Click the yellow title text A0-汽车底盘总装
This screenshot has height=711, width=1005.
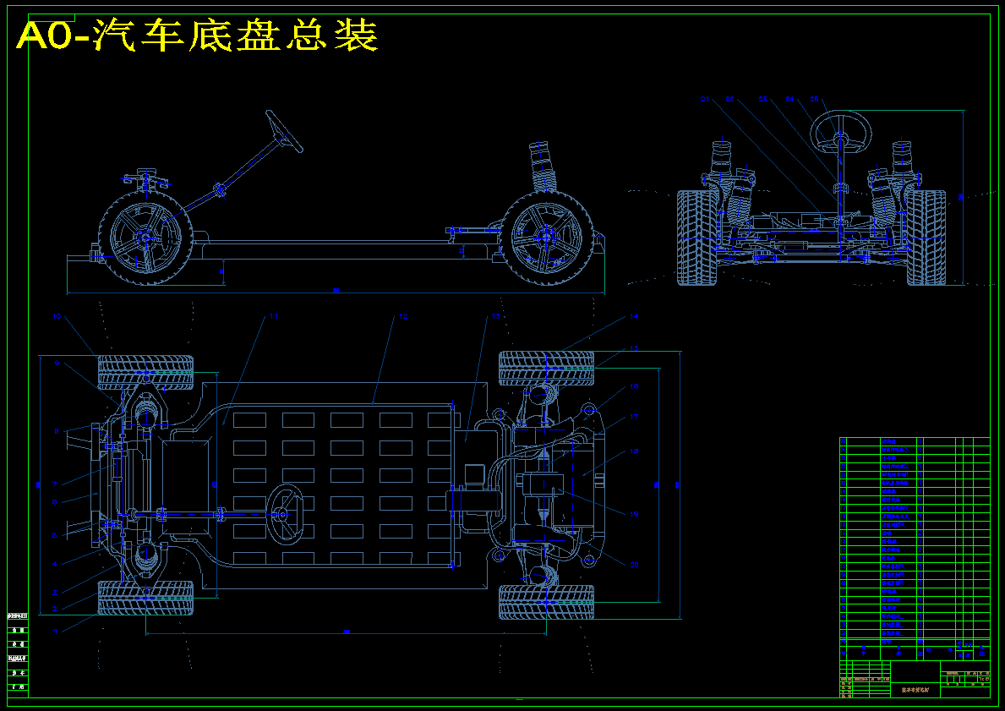click(x=196, y=36)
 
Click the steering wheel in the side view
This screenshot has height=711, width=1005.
click(x=284, y=131)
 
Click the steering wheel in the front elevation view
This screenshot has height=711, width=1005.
click(x=841, y=132)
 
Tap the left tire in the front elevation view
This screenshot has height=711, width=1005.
click(x=696, y=238)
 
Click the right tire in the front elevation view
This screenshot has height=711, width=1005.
click(x=926, y=238)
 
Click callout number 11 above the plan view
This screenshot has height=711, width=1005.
click(x=273, y=317)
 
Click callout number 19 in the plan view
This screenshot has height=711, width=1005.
click(x=634, y=513)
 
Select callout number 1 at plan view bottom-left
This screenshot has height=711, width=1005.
click(x=56, y=631)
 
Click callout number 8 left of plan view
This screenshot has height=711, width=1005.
click(x=57, y=432)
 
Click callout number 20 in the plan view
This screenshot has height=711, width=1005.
click(x=634, y=564)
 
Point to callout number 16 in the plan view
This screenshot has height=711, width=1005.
click(x=634, y=386)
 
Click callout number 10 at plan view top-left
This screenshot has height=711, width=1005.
click(x=57, y=317)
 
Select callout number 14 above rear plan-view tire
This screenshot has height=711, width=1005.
click(x=634, y=316)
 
